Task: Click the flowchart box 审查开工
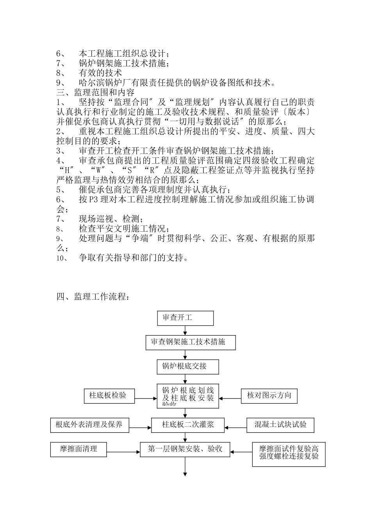click(x=185, y=318)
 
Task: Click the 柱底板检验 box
click(x=109, y=395)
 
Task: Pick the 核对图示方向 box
click(x=269, y=395)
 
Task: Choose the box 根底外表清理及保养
click(x=90, y=425)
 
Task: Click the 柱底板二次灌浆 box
click(x=188, y=425)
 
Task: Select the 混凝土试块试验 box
click(x=280, y=425)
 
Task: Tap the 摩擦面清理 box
click(x=78, y=449)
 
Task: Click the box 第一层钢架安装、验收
click(x=185, y=449)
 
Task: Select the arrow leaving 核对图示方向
click(x=230, y=399)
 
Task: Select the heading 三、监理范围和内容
click(x=96, y=93)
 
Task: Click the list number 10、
click(x=63, y=258)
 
